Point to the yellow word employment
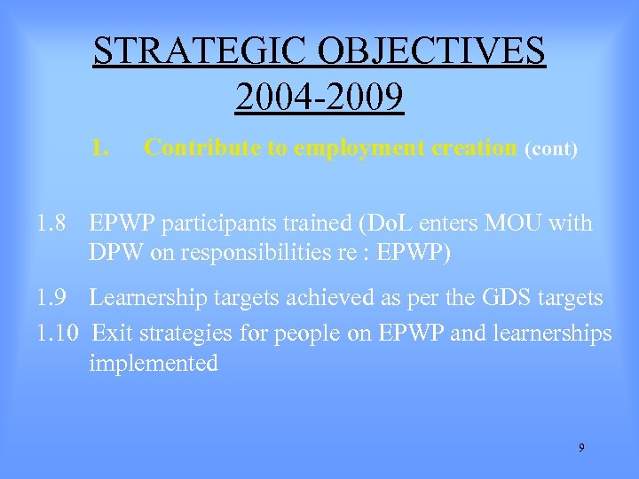(x=335, y=148)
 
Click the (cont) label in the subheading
(x=552, y=149)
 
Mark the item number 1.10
(x=59, y=334)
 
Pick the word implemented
(x=154, y=364)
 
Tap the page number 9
(x=581, y=448)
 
